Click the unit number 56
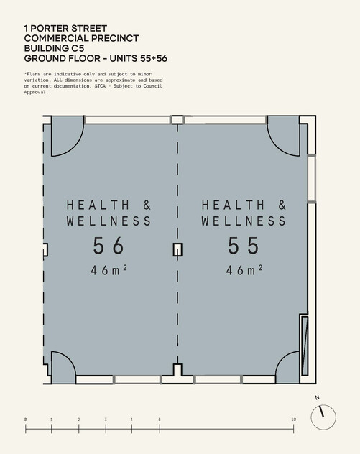pyautogui.click(x=109, y=246)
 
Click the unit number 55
pyautogui.click(x=244, y=246)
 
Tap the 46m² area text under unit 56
pyautogui.click(x=109, y=270)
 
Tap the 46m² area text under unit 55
pyautogui.click(x=244, y=270)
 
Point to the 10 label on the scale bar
pyautogui.click(x=294, y=420)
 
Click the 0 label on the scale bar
pyautogui.click(x=25, y=420)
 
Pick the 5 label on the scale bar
pyautogui.click(x=160, y=420)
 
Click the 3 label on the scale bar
pyautogui.click(x=106, y=420)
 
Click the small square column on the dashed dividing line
pyautogui.click(x=177, y=250)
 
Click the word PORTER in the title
pyautogui.click(x=50, y=29)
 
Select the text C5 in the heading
pyautogui.click(x=78, y=48)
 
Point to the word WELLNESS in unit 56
pyautogui.click(x=109, y=221)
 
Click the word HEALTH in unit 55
pyautogui.click(x=233, y=205)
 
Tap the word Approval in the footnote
pyautogui.click(x=35, y=92)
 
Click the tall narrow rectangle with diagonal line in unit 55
pyautogui.click(x=305, y=346)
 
